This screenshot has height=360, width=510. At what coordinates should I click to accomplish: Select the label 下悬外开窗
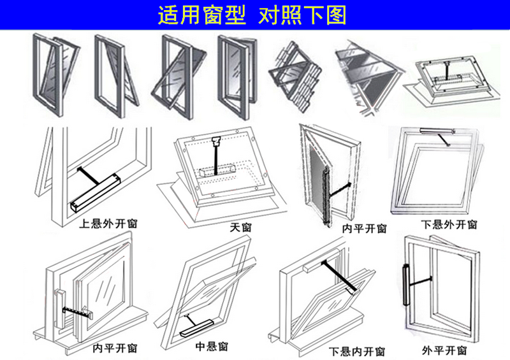449,224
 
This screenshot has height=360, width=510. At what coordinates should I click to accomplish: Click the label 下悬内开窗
357,351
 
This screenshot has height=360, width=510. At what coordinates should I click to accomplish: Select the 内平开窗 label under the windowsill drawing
115,348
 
